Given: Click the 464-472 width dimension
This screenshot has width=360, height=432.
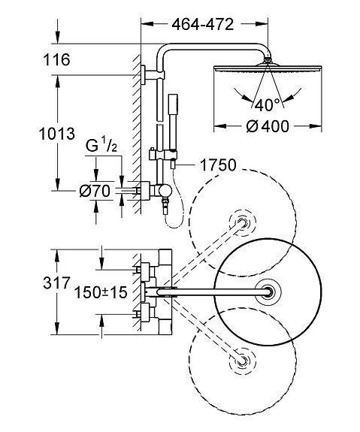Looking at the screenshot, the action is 203,25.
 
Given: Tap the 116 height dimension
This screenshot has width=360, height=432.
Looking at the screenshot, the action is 57,59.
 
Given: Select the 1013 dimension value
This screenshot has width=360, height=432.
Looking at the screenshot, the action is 57,134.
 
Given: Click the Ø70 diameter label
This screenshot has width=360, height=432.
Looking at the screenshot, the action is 95,191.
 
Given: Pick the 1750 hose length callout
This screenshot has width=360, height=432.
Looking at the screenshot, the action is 218,165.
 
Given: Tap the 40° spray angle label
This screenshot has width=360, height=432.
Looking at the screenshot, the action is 267,105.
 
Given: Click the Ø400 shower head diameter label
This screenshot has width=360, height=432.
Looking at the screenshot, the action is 268,126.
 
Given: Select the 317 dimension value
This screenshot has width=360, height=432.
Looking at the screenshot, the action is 57,282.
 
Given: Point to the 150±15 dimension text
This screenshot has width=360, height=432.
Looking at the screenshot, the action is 101,292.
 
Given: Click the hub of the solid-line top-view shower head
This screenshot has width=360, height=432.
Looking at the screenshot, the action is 268,292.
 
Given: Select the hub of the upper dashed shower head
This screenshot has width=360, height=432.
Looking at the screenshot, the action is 242,222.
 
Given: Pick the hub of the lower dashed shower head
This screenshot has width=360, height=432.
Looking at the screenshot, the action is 242,361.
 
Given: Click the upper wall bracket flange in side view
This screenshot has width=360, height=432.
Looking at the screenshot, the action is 144,75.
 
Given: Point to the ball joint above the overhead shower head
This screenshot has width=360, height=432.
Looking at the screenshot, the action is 268,60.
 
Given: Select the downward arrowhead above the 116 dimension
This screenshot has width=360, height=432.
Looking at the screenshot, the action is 57,38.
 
